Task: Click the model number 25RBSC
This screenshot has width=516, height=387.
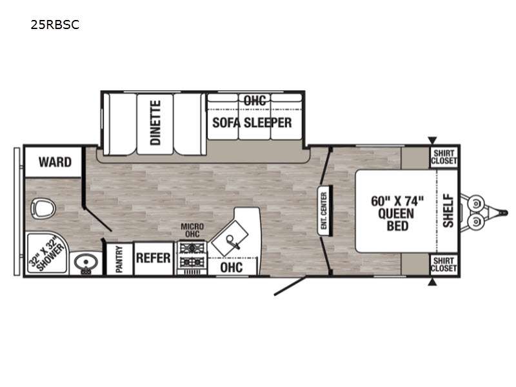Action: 55,25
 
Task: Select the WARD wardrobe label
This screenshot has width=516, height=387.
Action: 55,162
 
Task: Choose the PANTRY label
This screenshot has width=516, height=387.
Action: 119,259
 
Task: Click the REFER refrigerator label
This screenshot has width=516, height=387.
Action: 154,258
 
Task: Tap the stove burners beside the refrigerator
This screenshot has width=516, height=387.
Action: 192,255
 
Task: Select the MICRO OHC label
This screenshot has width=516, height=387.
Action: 192,230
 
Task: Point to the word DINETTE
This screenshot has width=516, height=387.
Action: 155,123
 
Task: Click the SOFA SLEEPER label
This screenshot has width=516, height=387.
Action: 252,123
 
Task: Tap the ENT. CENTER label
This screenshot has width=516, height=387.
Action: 324,211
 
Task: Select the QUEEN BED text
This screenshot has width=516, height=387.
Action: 397,220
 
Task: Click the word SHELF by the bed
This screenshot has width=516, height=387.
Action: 448,211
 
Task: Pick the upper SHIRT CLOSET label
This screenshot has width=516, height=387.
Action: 444,157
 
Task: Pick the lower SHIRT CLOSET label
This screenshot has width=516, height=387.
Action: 444,264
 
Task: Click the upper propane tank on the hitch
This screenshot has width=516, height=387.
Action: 476,203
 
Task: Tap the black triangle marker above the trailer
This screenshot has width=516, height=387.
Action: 432,141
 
